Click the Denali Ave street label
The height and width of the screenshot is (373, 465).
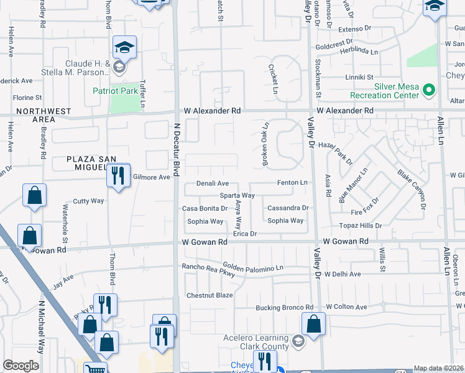coord(213,183)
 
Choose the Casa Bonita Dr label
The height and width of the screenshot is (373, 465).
coord(205,208)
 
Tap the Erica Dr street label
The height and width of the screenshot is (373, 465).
coord(244,234)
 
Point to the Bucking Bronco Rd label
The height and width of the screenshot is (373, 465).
coord(284,308)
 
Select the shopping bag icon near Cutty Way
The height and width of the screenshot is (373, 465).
coord(35,195)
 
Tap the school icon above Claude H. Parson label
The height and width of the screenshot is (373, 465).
coord(124,47)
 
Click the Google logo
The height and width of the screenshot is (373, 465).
coord(21,366)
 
